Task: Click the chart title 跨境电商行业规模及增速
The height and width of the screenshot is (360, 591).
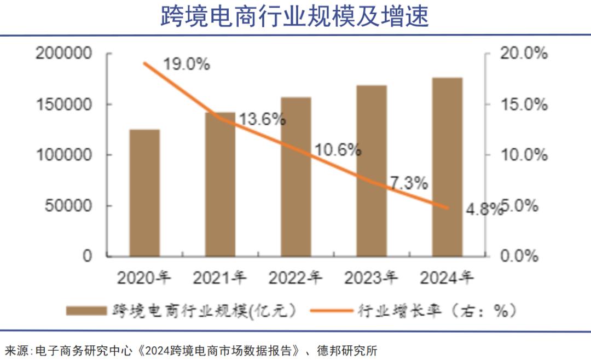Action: [295, 16]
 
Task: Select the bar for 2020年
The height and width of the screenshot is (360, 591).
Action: [144, 193]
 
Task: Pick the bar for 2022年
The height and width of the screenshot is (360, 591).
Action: [296, 177]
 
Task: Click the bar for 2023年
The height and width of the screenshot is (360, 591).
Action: [372, 171]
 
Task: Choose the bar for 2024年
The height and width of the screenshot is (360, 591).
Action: [447, 167]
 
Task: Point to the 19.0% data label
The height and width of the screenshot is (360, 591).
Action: [187, 64]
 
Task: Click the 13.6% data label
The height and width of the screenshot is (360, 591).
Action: [262, 119]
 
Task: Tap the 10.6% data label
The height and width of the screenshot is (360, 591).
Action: [338, 149]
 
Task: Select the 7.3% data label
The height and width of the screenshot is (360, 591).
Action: [409, 184]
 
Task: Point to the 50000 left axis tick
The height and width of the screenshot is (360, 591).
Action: [67, 206]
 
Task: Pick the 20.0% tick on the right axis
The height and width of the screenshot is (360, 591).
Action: [523, 54]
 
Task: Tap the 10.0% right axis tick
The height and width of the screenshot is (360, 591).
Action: [523, 155]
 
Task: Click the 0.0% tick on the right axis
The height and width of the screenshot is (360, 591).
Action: [519, 256]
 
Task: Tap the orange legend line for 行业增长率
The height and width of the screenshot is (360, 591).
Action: [331, 311]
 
